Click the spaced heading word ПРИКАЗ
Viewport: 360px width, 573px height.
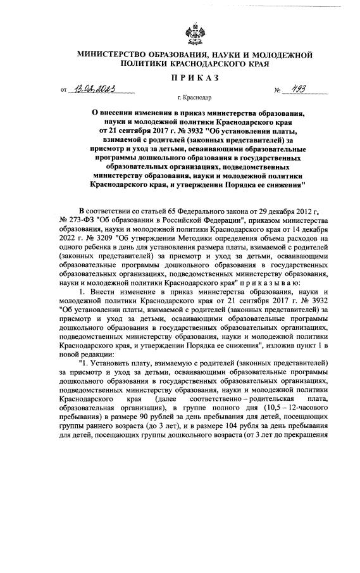click(195, 77)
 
